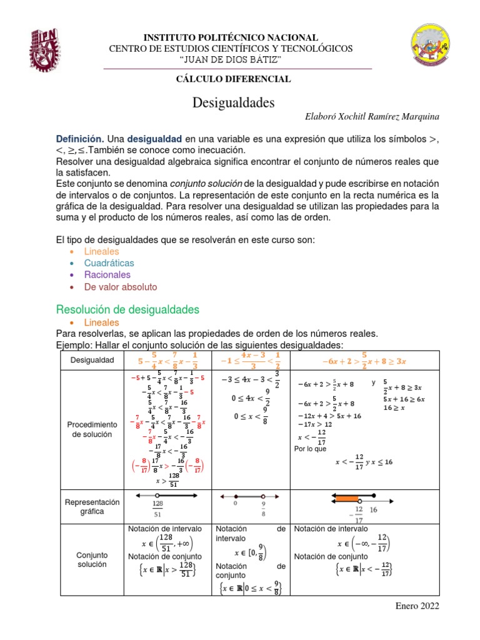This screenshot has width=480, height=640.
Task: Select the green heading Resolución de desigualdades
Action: point(127,309)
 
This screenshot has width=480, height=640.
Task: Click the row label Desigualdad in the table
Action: point(92,360)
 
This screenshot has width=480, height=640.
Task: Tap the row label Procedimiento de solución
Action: point(92,429)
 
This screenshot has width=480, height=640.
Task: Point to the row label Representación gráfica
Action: point(92,506)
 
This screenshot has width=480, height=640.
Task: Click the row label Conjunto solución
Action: point(92,559)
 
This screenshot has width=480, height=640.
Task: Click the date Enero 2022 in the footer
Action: point(418,606)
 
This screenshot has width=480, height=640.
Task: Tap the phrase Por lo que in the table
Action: point(310,448)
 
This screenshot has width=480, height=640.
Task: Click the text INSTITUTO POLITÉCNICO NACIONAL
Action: point(231,37)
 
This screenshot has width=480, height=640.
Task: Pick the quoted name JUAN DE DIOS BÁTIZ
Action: point(231,59)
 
